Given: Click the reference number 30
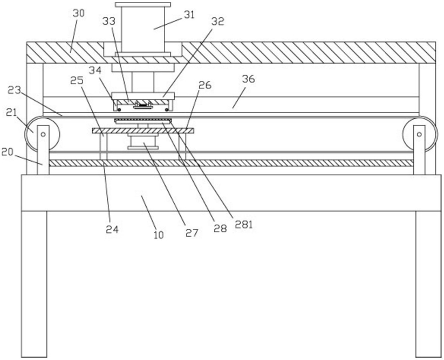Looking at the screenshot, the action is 78,13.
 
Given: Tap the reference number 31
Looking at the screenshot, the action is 189,15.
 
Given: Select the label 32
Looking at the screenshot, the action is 218,21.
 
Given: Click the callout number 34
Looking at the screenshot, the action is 95,70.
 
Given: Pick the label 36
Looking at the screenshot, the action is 248,79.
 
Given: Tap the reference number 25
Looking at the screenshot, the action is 77,81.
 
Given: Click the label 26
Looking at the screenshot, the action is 204,85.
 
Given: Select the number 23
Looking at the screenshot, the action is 14,90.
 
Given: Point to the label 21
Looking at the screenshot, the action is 12,113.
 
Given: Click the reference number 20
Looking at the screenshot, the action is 7,152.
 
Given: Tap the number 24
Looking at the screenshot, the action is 112,230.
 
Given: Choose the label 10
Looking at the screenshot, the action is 159,234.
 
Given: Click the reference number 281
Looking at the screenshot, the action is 243,225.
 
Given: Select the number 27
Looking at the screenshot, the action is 192,233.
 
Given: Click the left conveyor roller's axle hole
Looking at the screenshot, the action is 43,134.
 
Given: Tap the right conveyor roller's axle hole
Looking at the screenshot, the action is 419,134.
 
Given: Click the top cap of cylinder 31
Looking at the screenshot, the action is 143,4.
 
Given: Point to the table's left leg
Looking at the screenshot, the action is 35,284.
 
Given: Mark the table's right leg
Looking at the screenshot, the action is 428,284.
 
